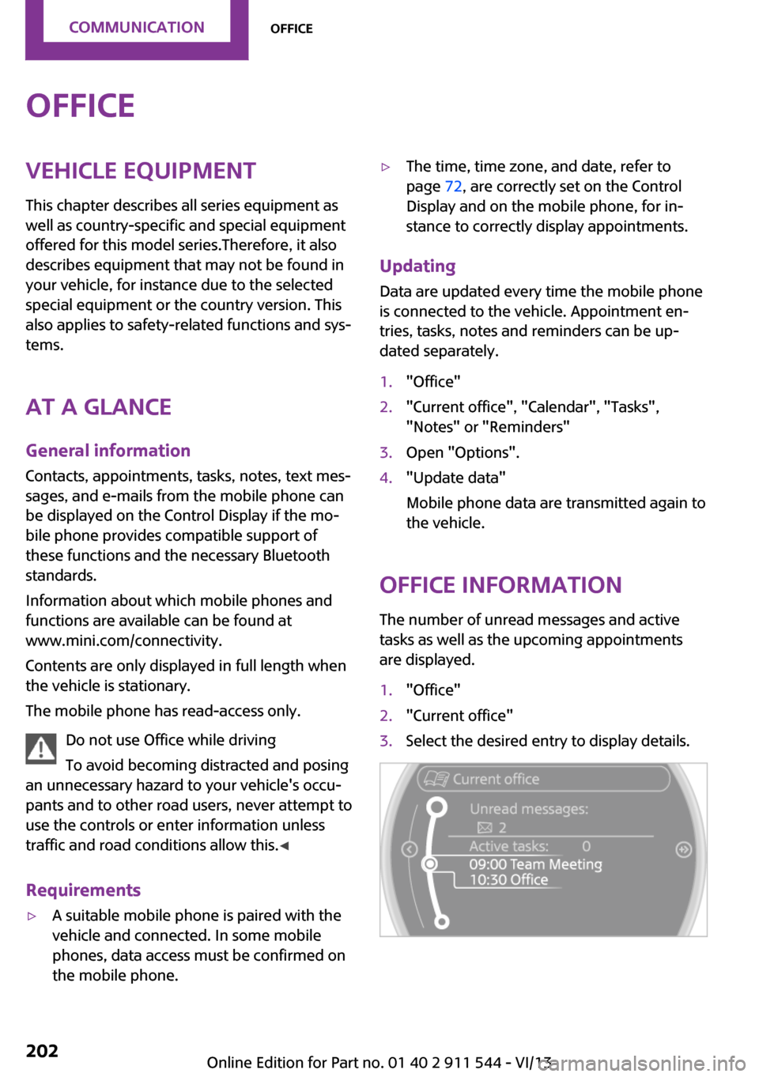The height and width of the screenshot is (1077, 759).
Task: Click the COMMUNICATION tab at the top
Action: coord(136,28)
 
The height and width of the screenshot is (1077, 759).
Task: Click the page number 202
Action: coord(42,1051)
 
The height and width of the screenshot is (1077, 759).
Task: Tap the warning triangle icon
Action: coord(40,748)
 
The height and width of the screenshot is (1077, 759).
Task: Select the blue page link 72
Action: coord(453,187)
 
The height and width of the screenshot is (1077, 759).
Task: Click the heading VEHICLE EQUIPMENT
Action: coord(141,171)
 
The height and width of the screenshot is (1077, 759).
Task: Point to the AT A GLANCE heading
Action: coord(99,407)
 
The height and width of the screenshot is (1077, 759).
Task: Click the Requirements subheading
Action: coord(83,890)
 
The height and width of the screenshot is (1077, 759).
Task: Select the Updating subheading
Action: coord(417,266)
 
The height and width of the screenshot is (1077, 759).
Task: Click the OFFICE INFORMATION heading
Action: coord(500,585)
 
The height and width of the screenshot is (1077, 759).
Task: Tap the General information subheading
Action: coord(108,451)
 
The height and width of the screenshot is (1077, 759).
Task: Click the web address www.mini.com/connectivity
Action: coord(123,641)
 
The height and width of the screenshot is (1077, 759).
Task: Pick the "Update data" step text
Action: coord(455,478)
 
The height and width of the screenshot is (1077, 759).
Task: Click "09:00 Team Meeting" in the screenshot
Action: coord(535,864)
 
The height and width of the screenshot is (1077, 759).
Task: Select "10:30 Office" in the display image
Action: coord(508,880)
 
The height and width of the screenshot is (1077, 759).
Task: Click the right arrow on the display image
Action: coord(684,849)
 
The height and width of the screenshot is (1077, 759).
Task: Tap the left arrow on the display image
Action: coord(409,849)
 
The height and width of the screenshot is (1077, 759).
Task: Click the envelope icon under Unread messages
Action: coord(484,828)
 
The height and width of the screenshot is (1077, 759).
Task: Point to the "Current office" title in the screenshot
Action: coord(496,779)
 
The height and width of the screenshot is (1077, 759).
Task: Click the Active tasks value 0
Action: coord(586,846)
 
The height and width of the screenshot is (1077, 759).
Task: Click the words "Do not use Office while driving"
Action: coord(171,740)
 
